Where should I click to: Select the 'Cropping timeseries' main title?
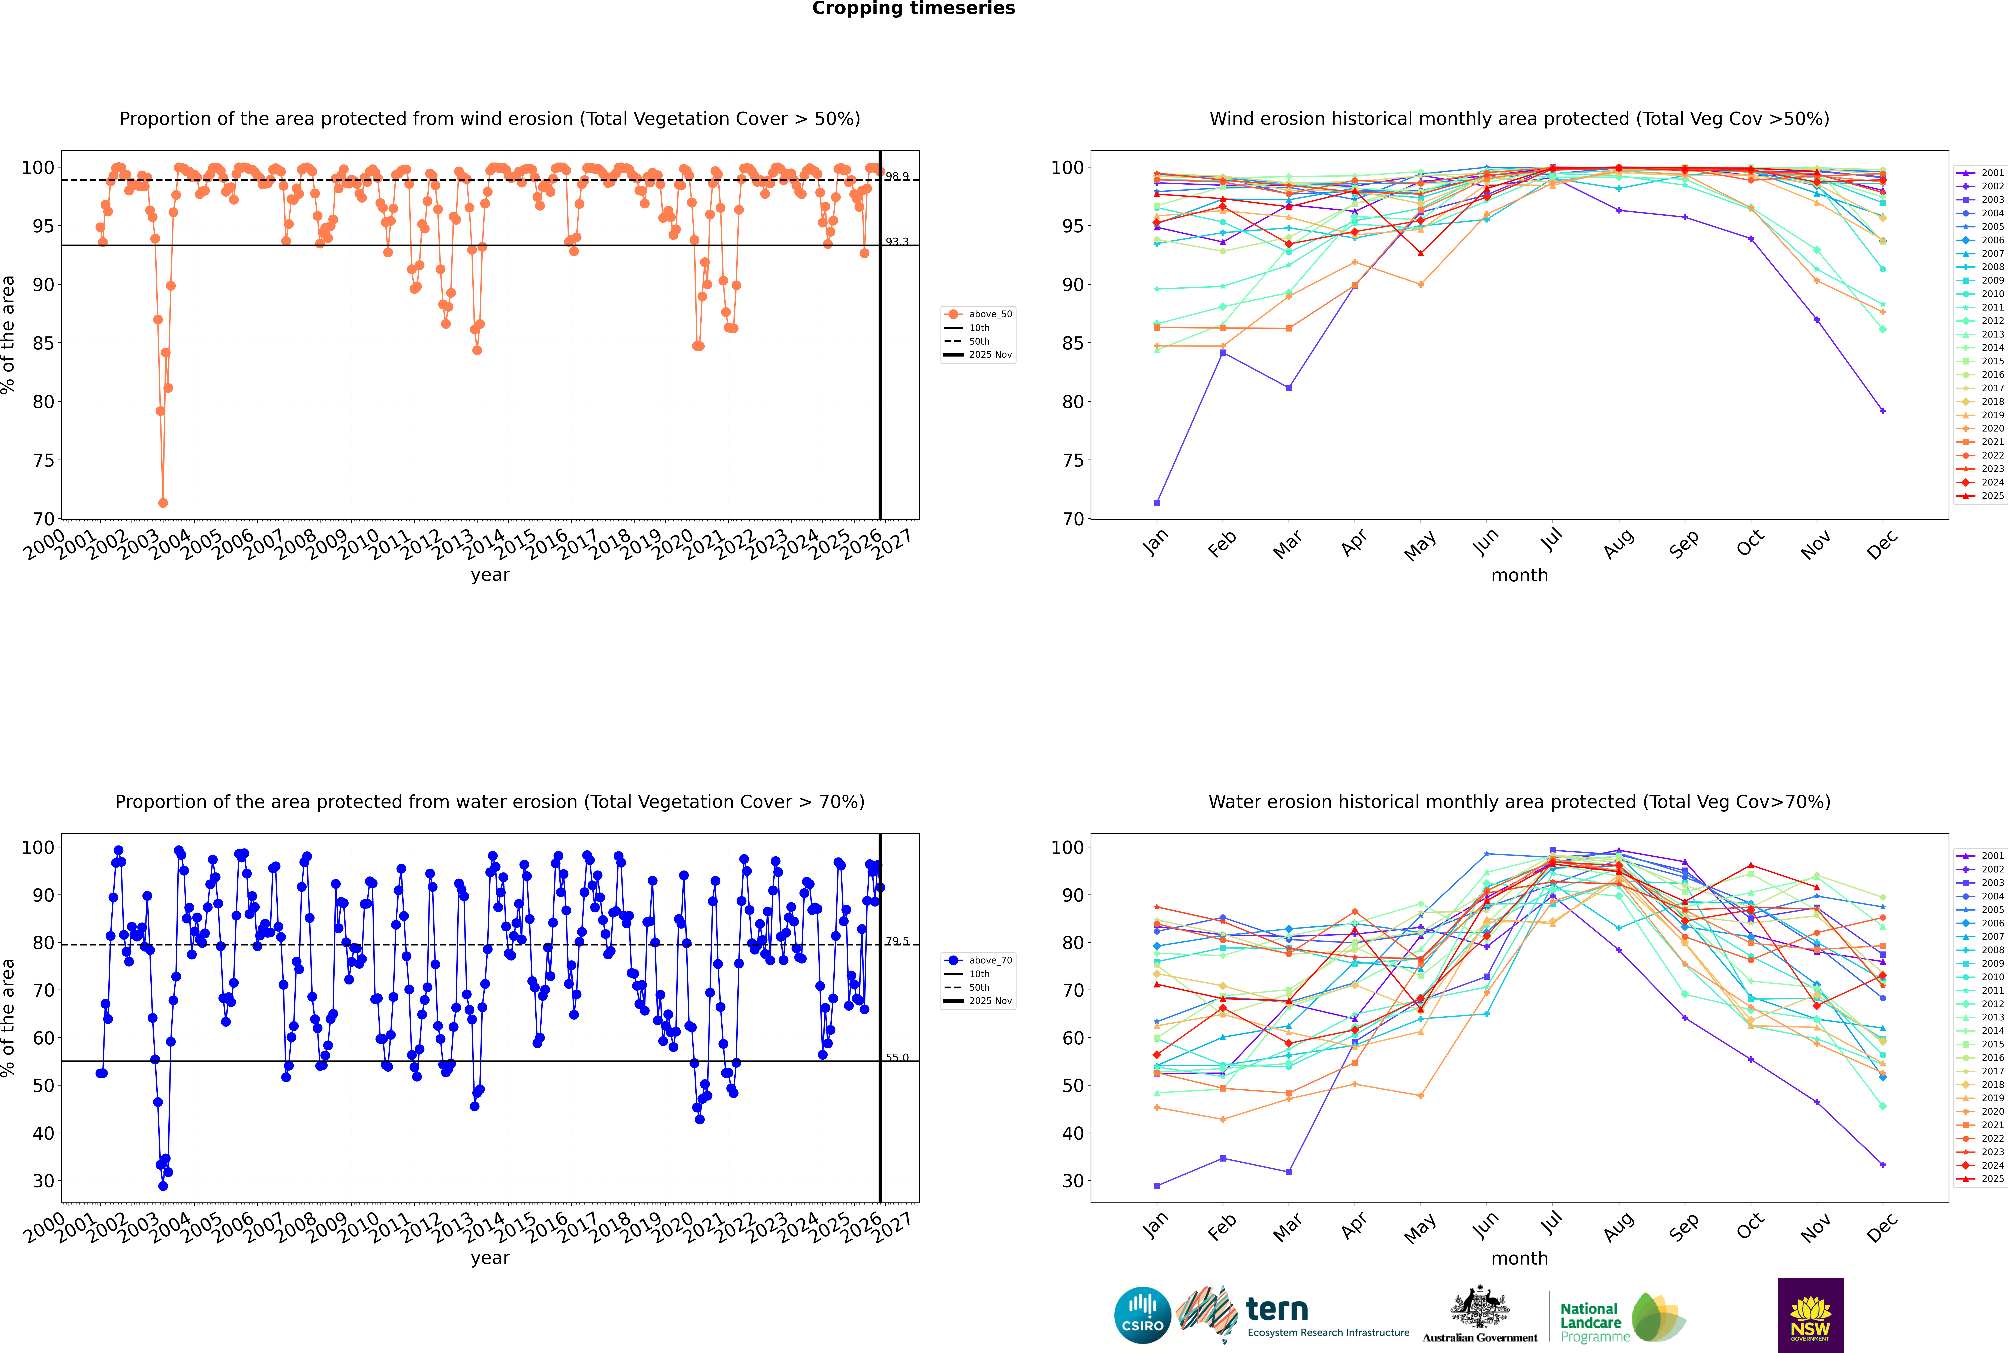point(913,9)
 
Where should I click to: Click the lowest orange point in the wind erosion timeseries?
point(163,503)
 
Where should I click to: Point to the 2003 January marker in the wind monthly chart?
point(1157,503)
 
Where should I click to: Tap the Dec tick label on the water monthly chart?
point(1882,1225)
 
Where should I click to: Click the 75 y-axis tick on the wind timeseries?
point(43,461)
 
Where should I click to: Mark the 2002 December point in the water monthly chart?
point(1883,1165)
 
